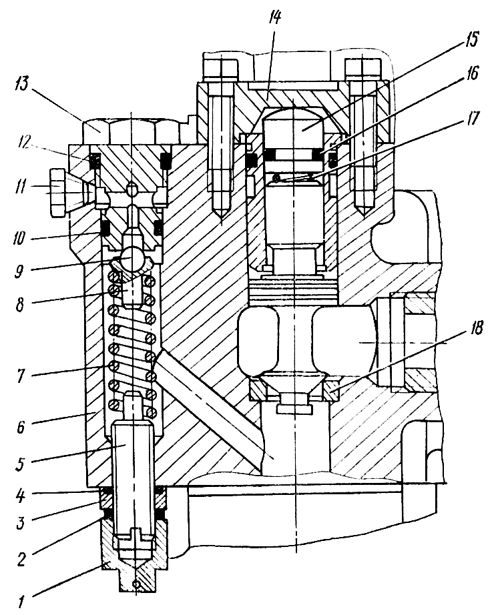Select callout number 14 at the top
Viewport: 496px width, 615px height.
274,19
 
